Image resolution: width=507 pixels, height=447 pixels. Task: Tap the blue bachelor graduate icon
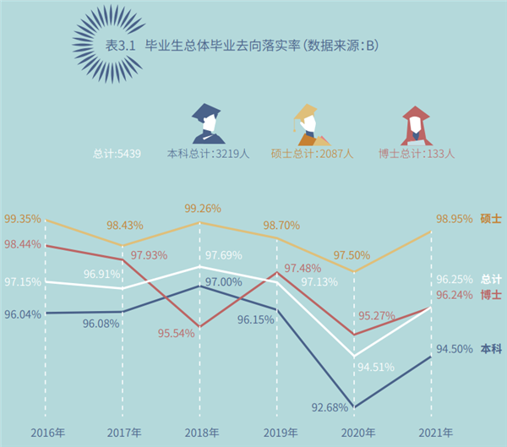pyautogui.click(x=209, y=123)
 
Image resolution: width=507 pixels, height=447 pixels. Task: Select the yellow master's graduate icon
pyautogui.click(x=308, y=123)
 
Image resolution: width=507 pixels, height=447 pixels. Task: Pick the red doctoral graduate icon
pyautogui.click(x=415, y=124)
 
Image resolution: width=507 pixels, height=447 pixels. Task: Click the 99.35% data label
pyautogui.click(x=22, y=219)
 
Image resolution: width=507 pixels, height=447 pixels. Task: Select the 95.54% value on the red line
pyautogui.click(x=176, y=334)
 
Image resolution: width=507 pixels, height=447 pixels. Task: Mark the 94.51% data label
pyautogui.click(x=375, y=367)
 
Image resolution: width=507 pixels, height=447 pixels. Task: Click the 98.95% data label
pyautogui.click(x=454, y=220)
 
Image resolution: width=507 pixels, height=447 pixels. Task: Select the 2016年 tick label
pyautogui.click(x=47, y=433)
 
